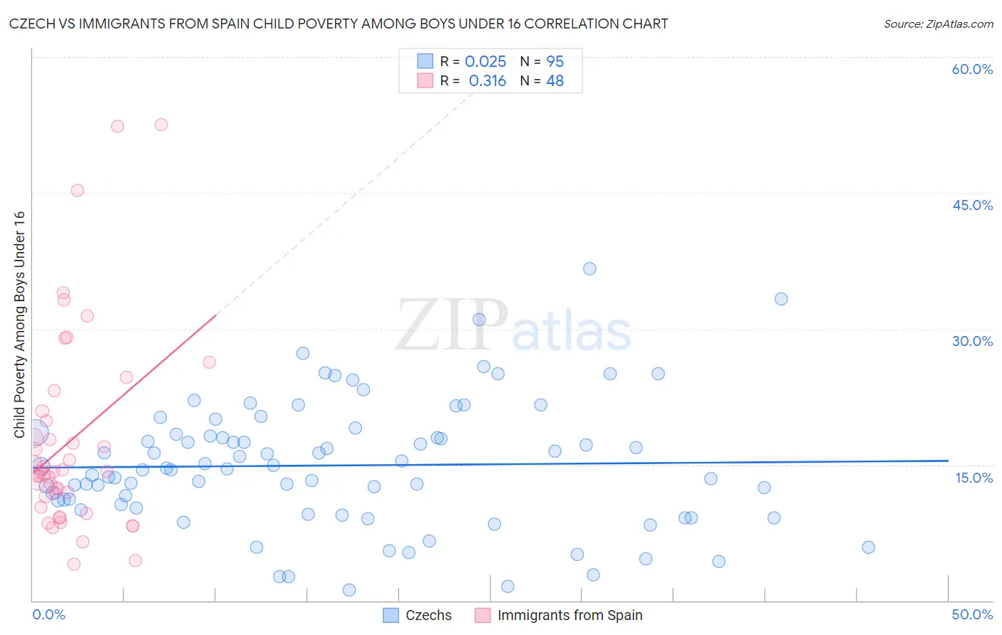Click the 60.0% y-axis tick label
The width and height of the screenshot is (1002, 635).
(972, 69)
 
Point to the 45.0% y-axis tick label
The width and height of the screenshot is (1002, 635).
(972, 205)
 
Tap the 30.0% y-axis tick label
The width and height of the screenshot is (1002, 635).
(972, 341)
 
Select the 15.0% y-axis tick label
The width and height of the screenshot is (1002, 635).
(973, 478)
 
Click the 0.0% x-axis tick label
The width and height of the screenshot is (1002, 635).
(48, 614)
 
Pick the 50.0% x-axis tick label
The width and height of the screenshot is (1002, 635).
(972, 614)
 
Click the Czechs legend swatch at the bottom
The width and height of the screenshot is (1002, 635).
(391, 615)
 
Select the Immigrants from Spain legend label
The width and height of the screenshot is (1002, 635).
(569, 615)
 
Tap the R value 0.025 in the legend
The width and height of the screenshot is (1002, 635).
(485, 62)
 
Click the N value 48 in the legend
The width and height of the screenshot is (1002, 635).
(554, 81)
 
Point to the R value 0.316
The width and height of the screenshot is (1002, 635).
(487, 81)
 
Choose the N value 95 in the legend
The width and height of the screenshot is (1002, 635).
(554, 62)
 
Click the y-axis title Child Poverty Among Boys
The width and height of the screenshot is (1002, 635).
(20, 325)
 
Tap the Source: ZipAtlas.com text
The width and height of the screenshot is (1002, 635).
(938, 24)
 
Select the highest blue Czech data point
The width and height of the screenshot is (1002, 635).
(589, 268)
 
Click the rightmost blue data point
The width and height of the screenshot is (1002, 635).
(868, 547)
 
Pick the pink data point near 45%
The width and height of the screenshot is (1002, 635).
(77, 190)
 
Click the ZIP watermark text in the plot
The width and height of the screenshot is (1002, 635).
(452, 325)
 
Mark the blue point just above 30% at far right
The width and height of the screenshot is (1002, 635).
(781, 299)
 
